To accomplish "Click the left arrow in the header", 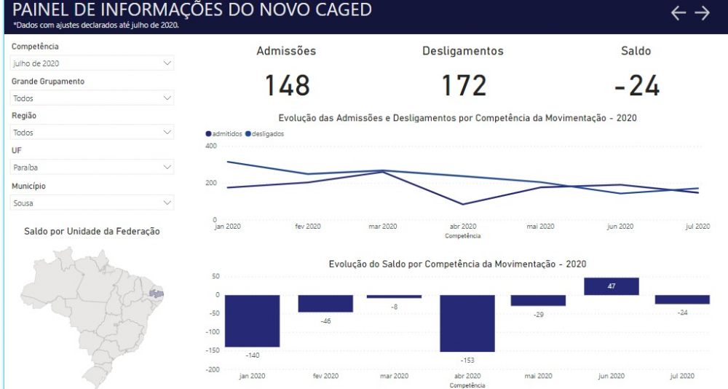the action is click(x=678, y=13).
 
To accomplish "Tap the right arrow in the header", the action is click(x=703, y=13).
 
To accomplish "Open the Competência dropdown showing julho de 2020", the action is click(x=92, y=63).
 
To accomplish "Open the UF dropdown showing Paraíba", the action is click(x=92, y=168).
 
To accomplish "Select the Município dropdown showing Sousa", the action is click(x=92, y=203).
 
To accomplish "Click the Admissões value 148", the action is click(x=288, y=85).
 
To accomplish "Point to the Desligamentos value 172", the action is click(x=464, y=85).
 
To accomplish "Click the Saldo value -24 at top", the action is click(x=636, y=85).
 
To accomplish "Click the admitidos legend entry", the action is click(x=223, y=134).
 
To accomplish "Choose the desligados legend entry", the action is click(x=265, y=134).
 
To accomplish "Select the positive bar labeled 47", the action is click(x=612, y=286).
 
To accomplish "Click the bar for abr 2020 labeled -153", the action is click(x=467, y=323).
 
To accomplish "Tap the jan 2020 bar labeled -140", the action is click(x=252, y=321).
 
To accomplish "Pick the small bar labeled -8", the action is click(x=394, y=296).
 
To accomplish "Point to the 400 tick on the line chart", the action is click(x=211, y=146).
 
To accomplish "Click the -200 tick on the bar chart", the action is click(x=213, y=369).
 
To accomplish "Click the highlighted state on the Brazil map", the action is click(x=157, y=294).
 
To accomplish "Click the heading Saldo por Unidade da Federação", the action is click(x=92, y=231).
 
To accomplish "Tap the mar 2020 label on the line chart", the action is click(x=383, y=227).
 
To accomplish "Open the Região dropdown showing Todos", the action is click(x=92, y=133).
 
